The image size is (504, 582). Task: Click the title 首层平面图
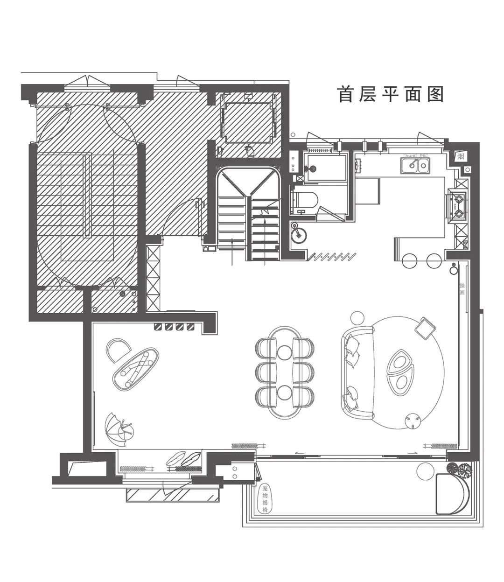pos(390,94)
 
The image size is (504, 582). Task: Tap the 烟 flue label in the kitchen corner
pos(461,156)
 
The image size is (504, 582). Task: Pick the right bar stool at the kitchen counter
pos(434,260)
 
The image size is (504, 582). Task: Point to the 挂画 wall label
pos(462,289)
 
